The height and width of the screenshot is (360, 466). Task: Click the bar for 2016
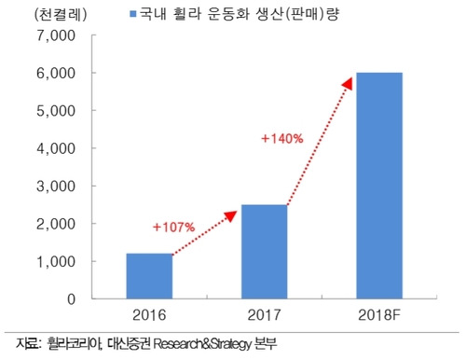150,275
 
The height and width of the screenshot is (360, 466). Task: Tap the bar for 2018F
379,185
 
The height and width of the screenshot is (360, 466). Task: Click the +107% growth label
172,226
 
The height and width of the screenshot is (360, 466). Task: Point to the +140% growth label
281,138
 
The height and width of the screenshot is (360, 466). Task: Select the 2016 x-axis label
150,315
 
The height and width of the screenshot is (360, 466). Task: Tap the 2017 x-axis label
265,315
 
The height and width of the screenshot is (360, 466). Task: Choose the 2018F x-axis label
379,315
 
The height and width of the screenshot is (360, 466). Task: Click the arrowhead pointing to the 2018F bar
348,84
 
